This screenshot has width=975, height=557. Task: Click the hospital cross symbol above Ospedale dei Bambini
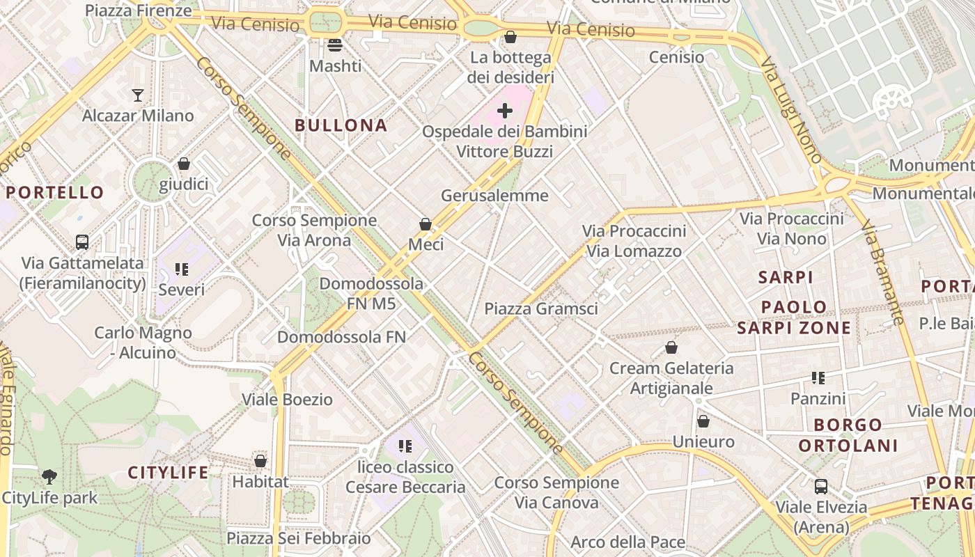(505, 110)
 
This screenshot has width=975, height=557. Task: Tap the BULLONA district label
(341, 125)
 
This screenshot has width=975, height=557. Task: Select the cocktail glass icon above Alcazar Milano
(138, 95)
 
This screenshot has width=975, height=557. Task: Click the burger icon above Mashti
(335, 46)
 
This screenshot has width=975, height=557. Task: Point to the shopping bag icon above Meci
(426, 224)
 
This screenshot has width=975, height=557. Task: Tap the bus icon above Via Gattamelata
(82, 242)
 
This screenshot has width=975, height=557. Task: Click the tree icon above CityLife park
(49, 477)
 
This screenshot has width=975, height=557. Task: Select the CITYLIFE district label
(168, 473)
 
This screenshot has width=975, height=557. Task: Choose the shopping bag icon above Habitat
(260, 461)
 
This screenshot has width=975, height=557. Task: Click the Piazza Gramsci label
(541, 308)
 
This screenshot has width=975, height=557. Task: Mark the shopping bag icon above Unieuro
(703, 421)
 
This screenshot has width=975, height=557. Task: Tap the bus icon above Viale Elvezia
(821, 486)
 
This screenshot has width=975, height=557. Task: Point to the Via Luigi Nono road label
(791, 111)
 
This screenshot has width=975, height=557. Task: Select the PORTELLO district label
(55, 192)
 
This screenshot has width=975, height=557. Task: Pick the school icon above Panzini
(818, 378)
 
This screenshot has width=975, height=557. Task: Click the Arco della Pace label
(628, 542)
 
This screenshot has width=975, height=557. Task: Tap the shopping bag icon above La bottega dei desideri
(510, 37)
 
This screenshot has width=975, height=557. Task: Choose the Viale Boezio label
(287, 400)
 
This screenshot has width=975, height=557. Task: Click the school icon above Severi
(182, 269)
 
